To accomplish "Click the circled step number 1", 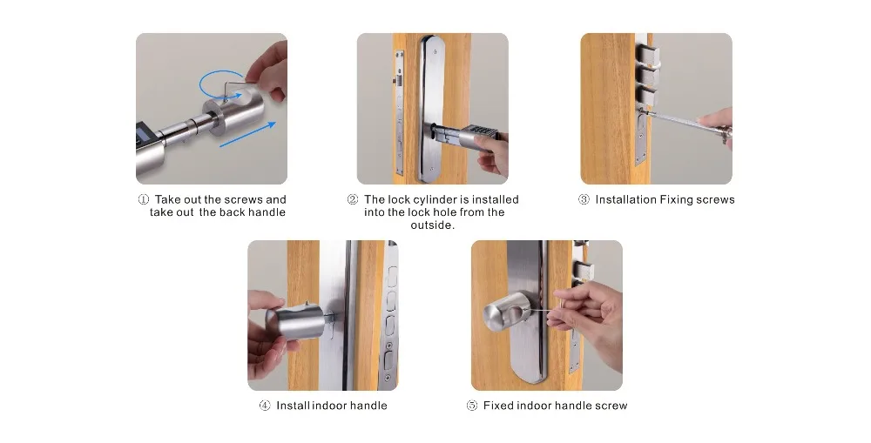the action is point(144,199).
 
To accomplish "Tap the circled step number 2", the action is point(353,199).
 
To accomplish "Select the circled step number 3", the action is point(584,199).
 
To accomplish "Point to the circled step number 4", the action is point(265,406).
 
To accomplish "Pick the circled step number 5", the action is point(471,406).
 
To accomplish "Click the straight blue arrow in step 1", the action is point(247,134).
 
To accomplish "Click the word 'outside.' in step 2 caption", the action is point(433,225).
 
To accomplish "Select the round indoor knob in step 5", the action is point(506,319).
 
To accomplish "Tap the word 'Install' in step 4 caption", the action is point(294,406).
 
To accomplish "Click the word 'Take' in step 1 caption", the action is point(167,199).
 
